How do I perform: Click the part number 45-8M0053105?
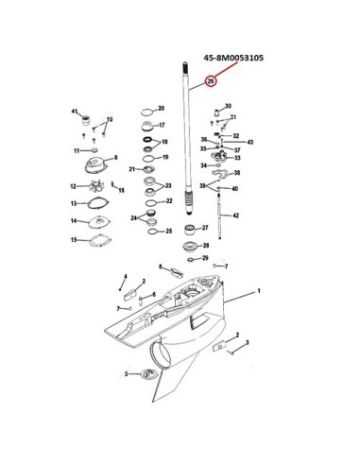pyautogui.click(x=233, y=58)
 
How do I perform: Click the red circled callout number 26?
pyautogui.click(x=211, y=81)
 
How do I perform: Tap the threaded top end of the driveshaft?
pyautogui.click(x=184, y=67)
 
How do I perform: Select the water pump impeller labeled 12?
pyautogui.click(x=94, y=186)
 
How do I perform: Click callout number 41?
pyautogui.click(x=75, y=112)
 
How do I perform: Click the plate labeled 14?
pyautogui.click(x=99, y=221)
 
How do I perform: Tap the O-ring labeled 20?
pyautogui.click(x=147, y=112)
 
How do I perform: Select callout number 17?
pyautogui.click(x=162, y=125)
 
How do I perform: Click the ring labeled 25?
pyautogui.click(x=153, y=232)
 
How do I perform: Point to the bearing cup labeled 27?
pyautogui.click(x=190, y=230)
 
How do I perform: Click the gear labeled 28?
pyautogui.click(x=191, y=247)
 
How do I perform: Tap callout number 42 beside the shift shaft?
pyautogui.click(x=235, y=215)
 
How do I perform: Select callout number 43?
pyautogui.click(x=249, y=142)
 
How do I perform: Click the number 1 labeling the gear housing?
pyautogui.click(x=259, y=291)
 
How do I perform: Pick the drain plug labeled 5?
pyautogui.click(x=146, y=374)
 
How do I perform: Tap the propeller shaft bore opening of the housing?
pyautogui.click(x=160, y=356)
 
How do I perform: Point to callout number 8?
pyautogui.click(x=160, y=267)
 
